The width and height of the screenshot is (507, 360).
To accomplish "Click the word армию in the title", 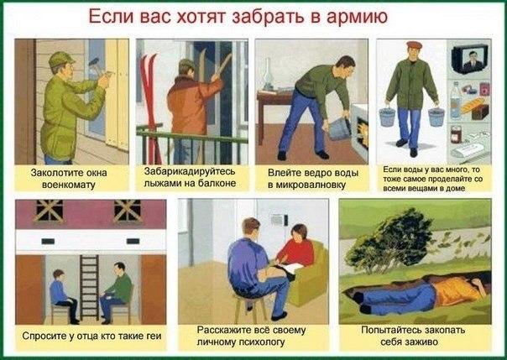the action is pos(357,17).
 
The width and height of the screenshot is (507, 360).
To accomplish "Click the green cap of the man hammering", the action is pos(60,59).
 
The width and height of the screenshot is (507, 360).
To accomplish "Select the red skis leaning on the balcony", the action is pos(149,108).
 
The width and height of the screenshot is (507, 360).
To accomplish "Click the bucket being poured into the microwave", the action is pos(340,128).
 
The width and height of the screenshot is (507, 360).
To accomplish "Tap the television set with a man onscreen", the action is pos(470,59).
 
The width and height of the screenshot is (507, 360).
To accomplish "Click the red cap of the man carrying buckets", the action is pos(414,45).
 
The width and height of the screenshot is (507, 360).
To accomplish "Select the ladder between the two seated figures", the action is pos(90,287).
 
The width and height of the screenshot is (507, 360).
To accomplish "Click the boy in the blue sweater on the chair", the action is pos(63,295).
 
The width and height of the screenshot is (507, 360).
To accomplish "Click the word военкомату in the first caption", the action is pos(69,185).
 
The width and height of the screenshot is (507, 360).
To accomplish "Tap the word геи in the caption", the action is pos(154,337).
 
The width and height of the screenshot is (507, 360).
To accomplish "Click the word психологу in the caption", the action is pos(262,342).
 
